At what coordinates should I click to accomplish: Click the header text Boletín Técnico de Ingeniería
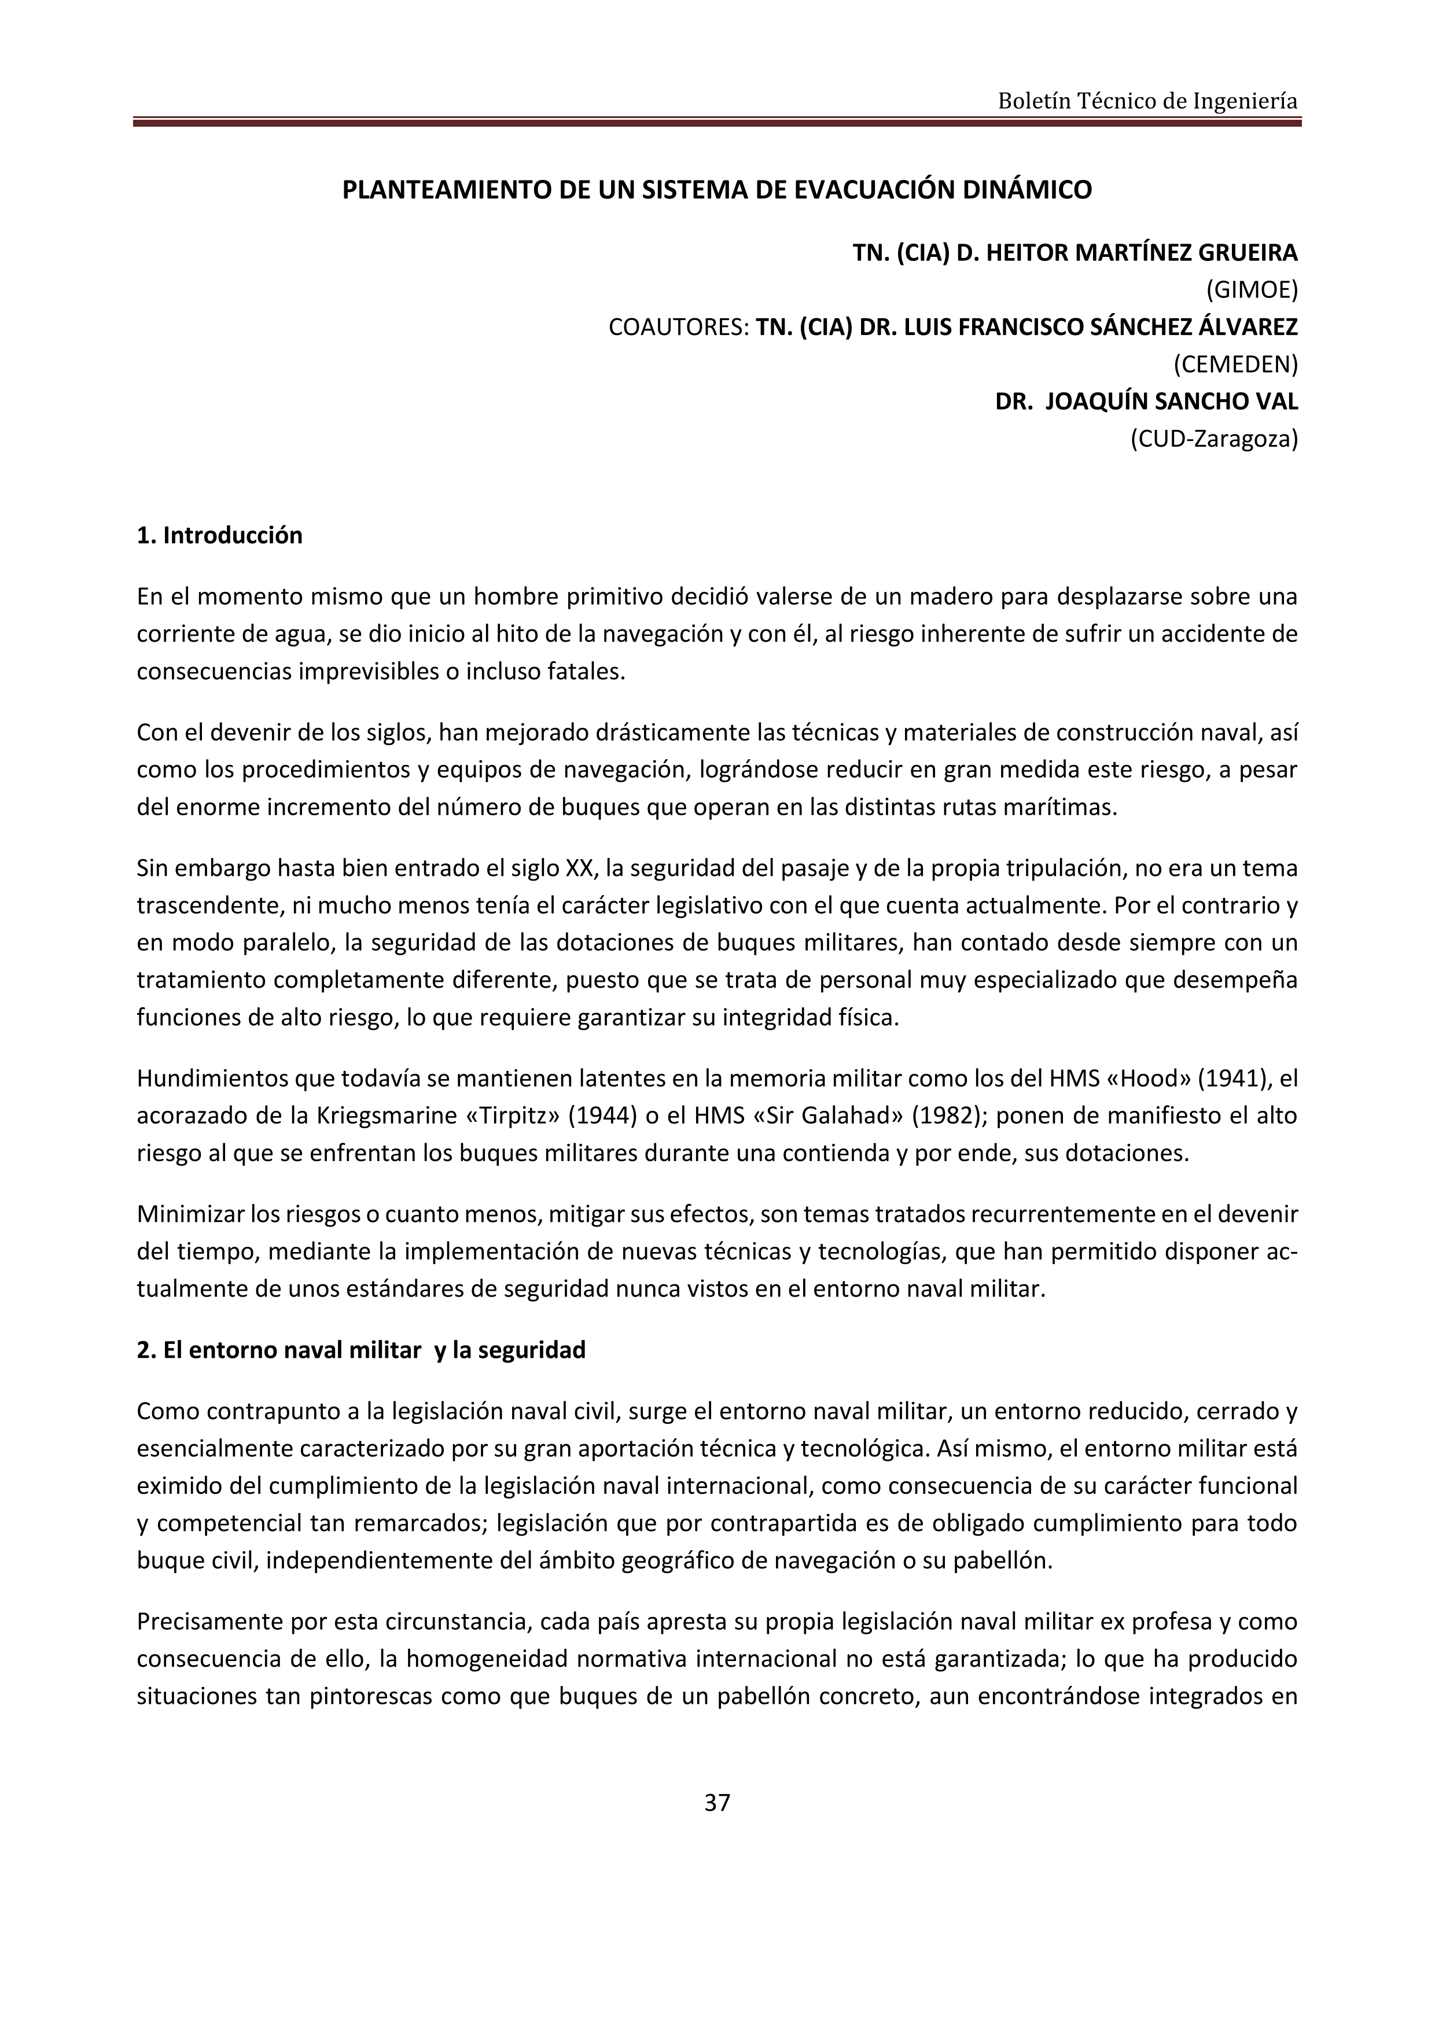pyautogui.click(x=1147, y=102)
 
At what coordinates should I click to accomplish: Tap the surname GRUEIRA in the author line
pyautogui.click(x=1247, y=253)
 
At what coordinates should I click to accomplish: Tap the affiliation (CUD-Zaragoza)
pyautogui.click(x=1213, y=439)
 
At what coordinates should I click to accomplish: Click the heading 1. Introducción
pyautogui.click(x=219, y=536)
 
